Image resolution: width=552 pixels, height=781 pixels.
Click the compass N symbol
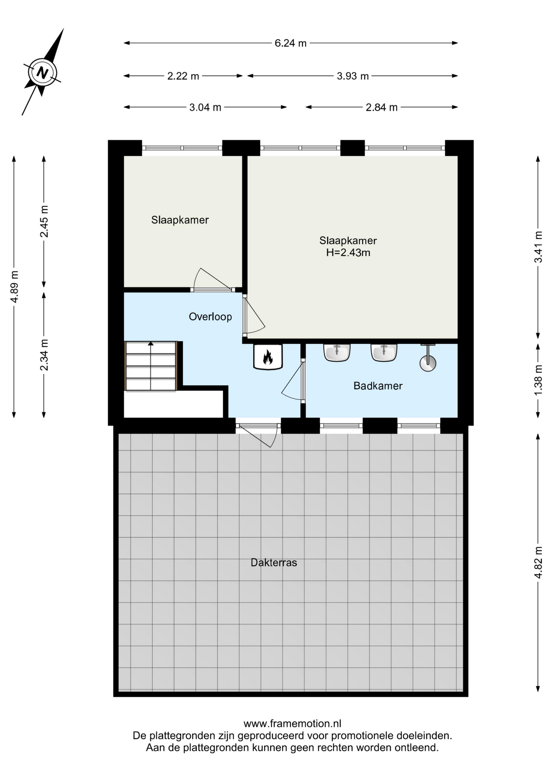[42, 73]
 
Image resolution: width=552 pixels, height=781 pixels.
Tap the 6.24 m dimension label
[291, 43]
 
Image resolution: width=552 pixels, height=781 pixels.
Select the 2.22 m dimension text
[183, 76]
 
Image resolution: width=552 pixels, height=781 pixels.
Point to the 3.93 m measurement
[353, 76]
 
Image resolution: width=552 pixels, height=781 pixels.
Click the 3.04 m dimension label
[205, 107]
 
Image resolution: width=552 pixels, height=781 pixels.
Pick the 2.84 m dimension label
[382, 107]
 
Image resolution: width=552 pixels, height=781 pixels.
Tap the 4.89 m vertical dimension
[15, 286]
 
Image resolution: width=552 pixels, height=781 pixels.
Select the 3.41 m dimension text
[538, 247]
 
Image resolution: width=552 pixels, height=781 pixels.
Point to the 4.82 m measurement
[538, 563]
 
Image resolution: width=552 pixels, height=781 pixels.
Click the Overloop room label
[210, 316]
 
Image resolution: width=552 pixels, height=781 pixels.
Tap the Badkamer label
[378, 386]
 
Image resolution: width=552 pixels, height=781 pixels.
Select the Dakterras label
[274, 563]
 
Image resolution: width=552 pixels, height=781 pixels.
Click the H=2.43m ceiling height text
[348, 253]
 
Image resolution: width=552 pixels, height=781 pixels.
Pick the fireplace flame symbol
[268, 357]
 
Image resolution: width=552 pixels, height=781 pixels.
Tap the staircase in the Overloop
[151, 366]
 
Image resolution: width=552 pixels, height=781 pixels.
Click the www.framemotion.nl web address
[292, 724]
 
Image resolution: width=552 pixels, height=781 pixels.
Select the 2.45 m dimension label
[44, 221]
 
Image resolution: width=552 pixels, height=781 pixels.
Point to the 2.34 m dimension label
[44, 355]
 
